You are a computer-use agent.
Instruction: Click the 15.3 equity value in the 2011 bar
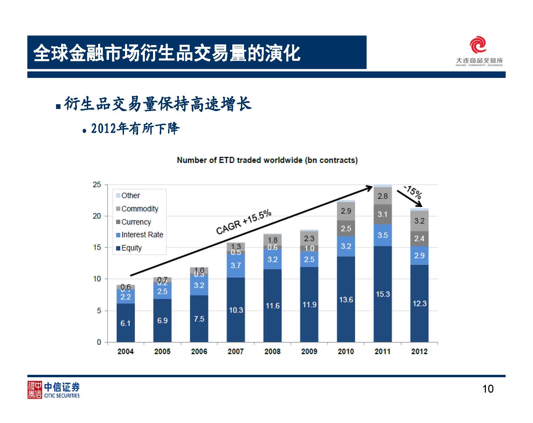click(383, 294)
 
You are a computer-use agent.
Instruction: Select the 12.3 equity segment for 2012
click(419, 303)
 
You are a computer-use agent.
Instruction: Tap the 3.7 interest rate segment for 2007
click(236, 265)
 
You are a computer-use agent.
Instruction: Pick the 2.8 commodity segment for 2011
click(383, 196)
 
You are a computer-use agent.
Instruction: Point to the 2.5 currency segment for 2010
click(346, 228)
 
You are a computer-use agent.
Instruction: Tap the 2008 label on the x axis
click(272, 351)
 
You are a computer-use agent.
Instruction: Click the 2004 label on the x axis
click(125, 351)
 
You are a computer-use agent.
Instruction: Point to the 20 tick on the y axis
click(97, 216)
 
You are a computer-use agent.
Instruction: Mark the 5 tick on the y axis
click(99, 311)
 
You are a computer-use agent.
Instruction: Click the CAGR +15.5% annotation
click(244, 222)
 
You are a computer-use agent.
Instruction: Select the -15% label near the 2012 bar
click(413, 191)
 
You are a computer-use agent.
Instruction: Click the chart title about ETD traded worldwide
click(267, 160)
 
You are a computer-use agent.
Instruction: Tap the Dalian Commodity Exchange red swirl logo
click(478, 45)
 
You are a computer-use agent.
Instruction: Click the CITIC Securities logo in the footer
click(54, 390)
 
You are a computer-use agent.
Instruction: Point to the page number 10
click(488, 389)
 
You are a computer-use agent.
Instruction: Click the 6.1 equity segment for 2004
click(125, 323)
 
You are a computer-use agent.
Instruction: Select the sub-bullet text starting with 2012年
click(135, 129)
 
